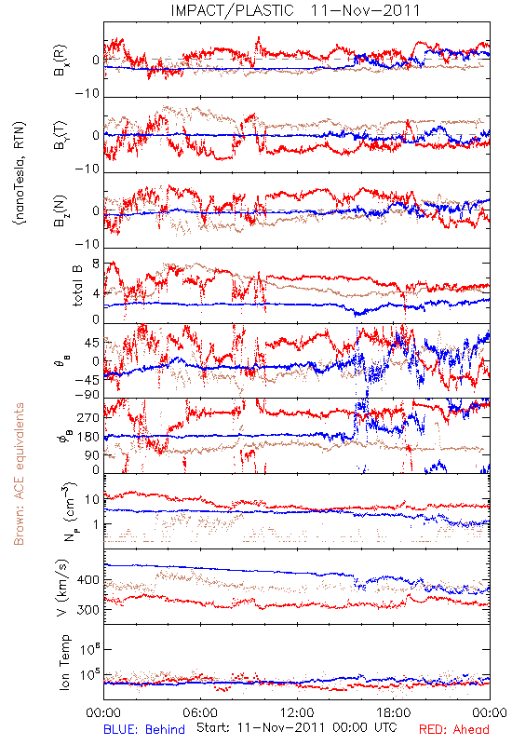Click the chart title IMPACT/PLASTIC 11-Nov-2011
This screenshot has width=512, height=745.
[295, 10]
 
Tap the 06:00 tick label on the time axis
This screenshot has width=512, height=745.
[200, 712]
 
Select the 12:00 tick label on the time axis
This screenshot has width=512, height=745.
[297, 712]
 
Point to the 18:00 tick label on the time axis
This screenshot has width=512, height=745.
[394, 712]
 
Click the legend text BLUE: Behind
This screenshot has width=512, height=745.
[144, 729]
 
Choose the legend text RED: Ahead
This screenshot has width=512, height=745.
[453, 729]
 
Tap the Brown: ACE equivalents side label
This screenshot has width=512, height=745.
[18, 474]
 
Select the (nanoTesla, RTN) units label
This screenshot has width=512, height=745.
[20, 172]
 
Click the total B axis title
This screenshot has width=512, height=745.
[77, 286]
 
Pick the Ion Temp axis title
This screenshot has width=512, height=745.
[64, 662]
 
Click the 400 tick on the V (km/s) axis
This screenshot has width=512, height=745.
[88, 580]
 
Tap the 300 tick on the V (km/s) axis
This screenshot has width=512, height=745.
[88, 610]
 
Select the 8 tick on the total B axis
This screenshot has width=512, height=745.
[96, 264]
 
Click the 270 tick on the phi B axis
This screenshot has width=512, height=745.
[88, 417]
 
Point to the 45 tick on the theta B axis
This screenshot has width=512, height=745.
[92, 343]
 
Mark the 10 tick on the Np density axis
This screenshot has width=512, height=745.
[92, 500]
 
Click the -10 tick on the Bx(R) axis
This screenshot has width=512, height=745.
[88, 94]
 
